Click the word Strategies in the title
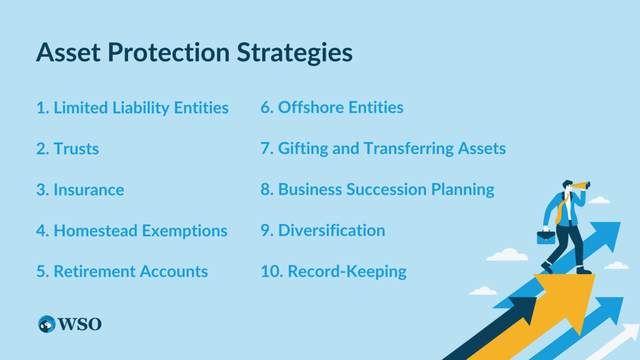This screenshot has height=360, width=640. (x=294, y=53)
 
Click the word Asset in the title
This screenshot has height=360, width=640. (x=68, y=53)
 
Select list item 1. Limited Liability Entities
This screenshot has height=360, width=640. (x=132, y=108)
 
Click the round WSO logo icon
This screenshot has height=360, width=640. (x=47, y=324)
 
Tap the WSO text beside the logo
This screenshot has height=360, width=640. (x=80, y=324)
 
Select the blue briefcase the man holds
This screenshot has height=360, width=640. (x=546, y=237)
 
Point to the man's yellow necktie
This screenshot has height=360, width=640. (x=560, y=210)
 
